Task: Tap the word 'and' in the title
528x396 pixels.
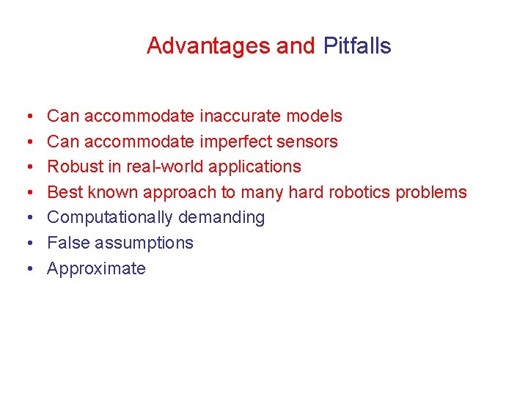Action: coord(296,46)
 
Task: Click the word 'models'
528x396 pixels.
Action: coord(314,116)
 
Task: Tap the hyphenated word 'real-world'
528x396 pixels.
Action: coord(165,166)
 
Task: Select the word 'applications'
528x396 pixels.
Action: coord(254,167)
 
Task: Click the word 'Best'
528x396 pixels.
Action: coord(65,192)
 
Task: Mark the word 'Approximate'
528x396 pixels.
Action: coord(96,268)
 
